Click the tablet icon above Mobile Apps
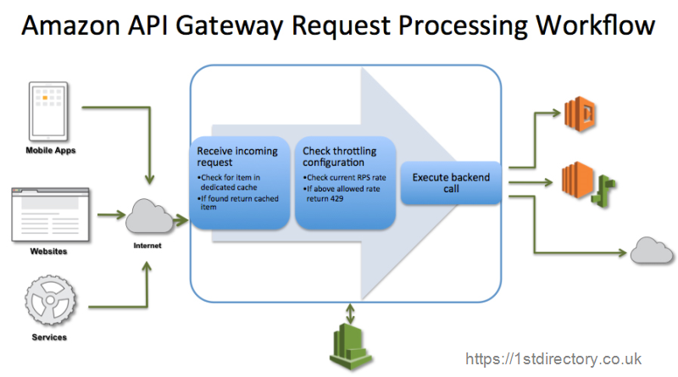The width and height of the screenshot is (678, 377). click(48, 111)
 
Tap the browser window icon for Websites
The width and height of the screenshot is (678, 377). click(50, 214)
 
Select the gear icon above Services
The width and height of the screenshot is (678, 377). click(50, 300)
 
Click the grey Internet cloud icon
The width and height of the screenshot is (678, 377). click(149, 216)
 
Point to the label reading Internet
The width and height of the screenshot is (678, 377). click(147, 246)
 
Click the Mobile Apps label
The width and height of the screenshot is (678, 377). click(51, 151)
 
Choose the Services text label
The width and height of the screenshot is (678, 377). click(49, 337)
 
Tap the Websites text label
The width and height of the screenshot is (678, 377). click(48, 251)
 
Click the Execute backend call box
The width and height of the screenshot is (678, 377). click(451, 183)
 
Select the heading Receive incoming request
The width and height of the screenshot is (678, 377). click(237, 157)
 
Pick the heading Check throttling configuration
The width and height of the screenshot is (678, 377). click(340, 157)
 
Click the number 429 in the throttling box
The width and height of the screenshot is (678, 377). click(336, 199)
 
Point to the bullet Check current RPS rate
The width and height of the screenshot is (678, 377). click(345, 178)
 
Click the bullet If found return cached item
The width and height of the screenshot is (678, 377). click(238, 202)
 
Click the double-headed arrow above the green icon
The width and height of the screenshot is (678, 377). click(350, 313)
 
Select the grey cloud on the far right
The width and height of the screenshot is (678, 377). click(652, 250)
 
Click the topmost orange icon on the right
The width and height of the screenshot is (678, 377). click(581, 114)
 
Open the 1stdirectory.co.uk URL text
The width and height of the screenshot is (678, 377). click(553, 359)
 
